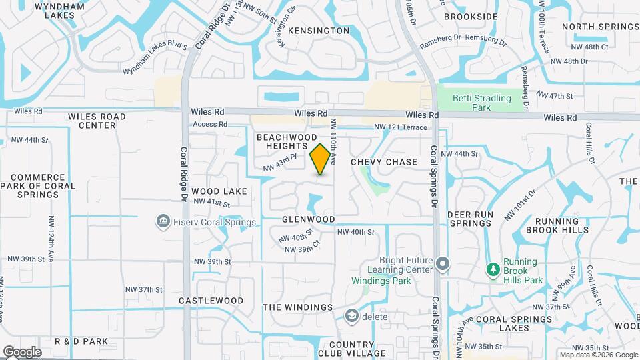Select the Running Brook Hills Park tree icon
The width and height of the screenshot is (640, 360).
[x=494, y=269]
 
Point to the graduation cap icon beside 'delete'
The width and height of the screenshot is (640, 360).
[x=351, y=315]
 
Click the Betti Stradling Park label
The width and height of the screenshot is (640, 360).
[x=481, y=103]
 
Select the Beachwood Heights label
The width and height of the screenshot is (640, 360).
[x=287, y=141]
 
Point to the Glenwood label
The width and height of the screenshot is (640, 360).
[x=308, y=219]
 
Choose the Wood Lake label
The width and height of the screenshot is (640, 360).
[x=219, y=191]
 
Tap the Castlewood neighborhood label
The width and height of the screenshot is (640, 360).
[x=211, y=301]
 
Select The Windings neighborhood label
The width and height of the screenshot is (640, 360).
[x=297, y=307]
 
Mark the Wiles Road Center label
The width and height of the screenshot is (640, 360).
[x=97, y=121]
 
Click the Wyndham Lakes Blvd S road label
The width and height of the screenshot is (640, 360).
[x=161, y=46]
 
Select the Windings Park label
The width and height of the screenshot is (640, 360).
[x=382, y=281]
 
